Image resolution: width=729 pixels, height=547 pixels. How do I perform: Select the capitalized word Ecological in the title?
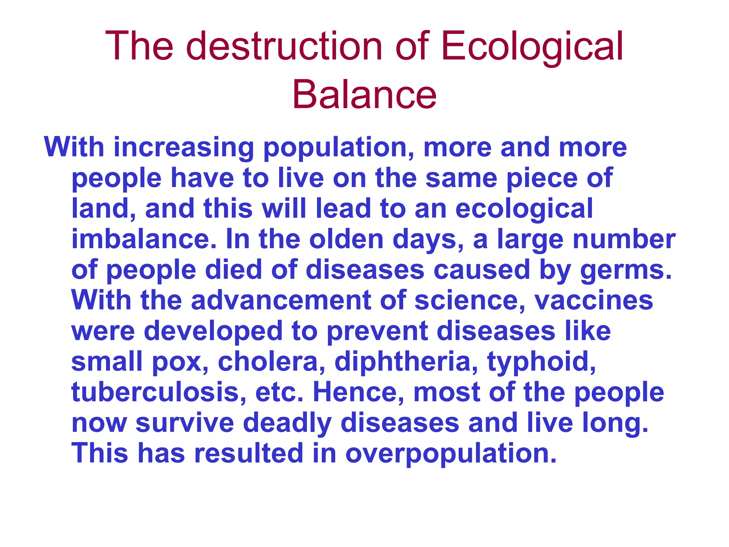coord(532,46)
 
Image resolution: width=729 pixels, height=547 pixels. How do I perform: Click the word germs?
coord(626,270)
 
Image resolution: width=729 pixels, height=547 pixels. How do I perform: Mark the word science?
coord(470,300)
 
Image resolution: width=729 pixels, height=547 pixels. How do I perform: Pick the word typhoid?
coord(541,361)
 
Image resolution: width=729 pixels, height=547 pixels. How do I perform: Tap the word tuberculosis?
coord(159,392)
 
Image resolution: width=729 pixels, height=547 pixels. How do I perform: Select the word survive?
coord(185,423)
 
